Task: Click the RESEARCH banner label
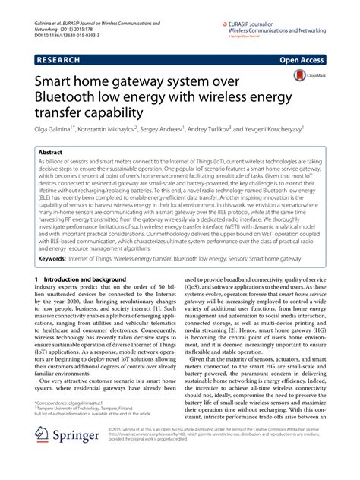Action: (x=62, y=57)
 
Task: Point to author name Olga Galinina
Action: (x=58, y=133)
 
